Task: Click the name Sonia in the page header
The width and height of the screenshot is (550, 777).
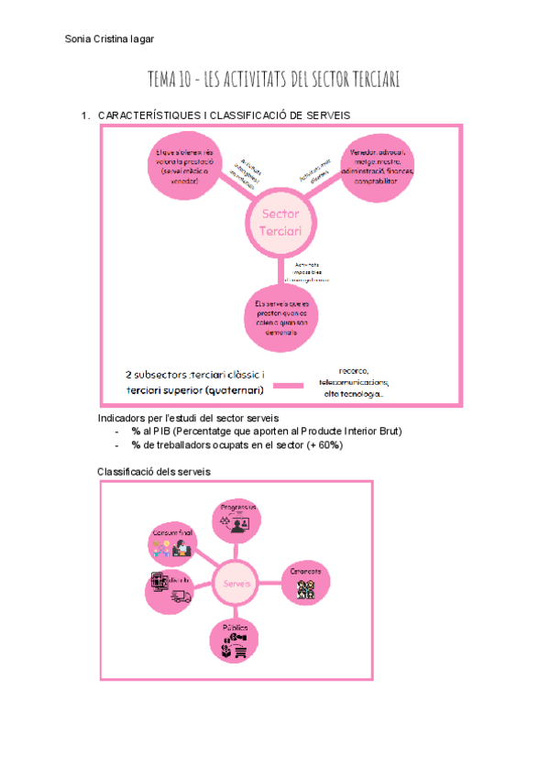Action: point(81,38)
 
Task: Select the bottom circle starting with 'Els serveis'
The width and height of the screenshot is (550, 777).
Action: point(282,318)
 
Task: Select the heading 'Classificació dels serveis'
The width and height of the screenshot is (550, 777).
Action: point(154,471)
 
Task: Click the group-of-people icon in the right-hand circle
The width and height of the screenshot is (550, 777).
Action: point(305,587)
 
